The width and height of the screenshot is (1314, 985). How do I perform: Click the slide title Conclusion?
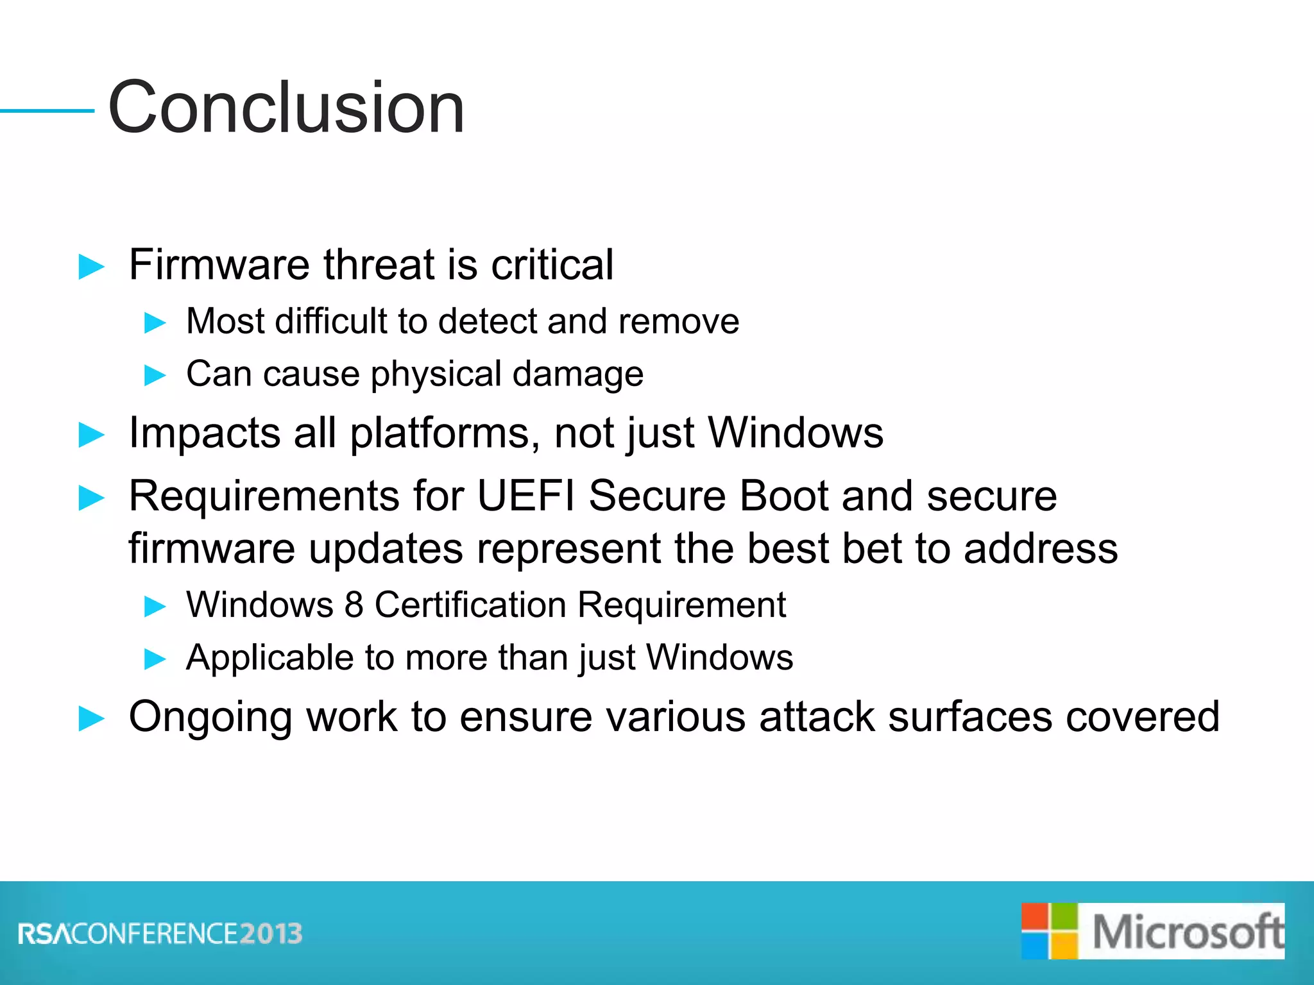click(286, 108)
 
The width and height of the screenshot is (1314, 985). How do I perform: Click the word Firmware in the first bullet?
click(219, 264)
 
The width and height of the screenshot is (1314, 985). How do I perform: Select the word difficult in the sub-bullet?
click(331, 321)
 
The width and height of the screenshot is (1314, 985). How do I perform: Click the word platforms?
click(439, 434)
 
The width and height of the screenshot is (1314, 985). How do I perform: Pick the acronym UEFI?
click(526, 496)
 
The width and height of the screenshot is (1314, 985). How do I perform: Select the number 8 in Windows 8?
click(354, 605)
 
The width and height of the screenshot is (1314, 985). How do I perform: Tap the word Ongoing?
click(210, 717)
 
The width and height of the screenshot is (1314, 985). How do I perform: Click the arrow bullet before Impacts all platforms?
click(91, 435)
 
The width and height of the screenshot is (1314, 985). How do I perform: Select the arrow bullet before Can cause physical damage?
click(155, 375)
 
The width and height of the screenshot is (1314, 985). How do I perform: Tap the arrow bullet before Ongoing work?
click(91, 718)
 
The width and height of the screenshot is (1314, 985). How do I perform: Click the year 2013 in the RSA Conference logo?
click(271, 934)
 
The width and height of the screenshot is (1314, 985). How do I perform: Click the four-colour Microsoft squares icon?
click(1049, 931)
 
